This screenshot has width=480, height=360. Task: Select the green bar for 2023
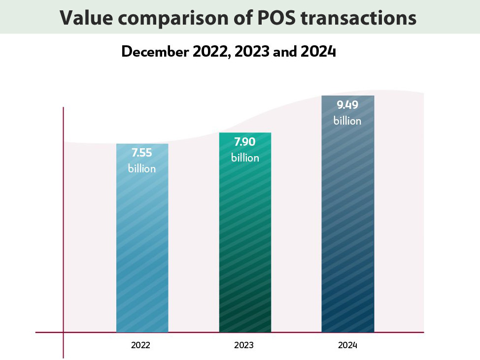coord(245,246)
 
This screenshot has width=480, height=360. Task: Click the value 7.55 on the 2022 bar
coord(142,153)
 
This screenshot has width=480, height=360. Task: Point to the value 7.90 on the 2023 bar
coord(245,142)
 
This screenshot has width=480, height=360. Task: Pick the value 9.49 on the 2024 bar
coord(347,105)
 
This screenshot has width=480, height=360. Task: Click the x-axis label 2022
coord(140,345)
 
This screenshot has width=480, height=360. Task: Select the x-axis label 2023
coord(244,345)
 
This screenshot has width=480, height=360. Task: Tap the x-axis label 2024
coord(347,345)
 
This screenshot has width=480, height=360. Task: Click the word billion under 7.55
coord(142,168)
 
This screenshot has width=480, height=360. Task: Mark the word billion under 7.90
coord(245,158)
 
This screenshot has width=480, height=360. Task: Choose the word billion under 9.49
coord(347,121)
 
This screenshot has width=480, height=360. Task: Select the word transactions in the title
coord(366,18)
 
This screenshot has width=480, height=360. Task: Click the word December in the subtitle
coord(152,52)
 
